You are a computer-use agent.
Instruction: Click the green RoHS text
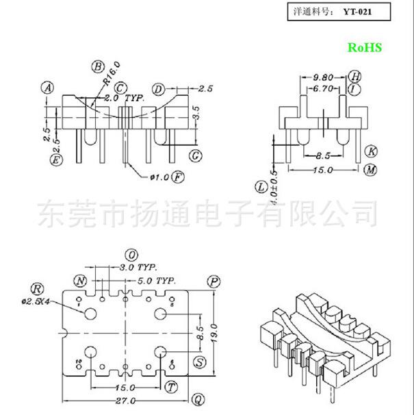364,47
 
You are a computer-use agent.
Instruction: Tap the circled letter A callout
47,88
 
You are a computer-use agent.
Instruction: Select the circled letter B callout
98,66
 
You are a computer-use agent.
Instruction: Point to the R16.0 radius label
112,73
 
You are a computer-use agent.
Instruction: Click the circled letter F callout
179,177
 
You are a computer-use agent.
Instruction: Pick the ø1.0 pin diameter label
159,177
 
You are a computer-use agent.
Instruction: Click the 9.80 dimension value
323,77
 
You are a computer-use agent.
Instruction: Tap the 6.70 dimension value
323,88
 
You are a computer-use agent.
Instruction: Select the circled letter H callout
354,76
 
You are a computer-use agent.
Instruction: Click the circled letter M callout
370,170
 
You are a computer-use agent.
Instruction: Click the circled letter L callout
261,186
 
